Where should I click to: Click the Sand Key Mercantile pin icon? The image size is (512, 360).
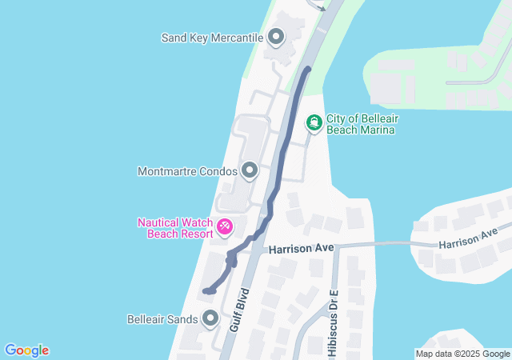click(277, 37)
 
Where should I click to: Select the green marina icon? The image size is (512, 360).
click(314, 123)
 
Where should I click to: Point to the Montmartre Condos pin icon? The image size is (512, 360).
click(250, 170)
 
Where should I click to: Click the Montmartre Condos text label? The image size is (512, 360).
click(187, 171)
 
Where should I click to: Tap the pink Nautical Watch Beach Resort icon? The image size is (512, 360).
click(225, 228)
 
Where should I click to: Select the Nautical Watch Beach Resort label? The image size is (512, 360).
click(175, 228)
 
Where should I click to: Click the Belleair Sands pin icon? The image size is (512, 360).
click(210, 319)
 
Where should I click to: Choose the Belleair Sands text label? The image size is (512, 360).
click(162, 319)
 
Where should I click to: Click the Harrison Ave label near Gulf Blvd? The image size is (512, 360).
click(301, 249)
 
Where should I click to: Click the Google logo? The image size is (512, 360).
click(26, 350)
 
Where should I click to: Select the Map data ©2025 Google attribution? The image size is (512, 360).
click(462, 354)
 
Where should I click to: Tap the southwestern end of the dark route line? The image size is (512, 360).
click(206, 290)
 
